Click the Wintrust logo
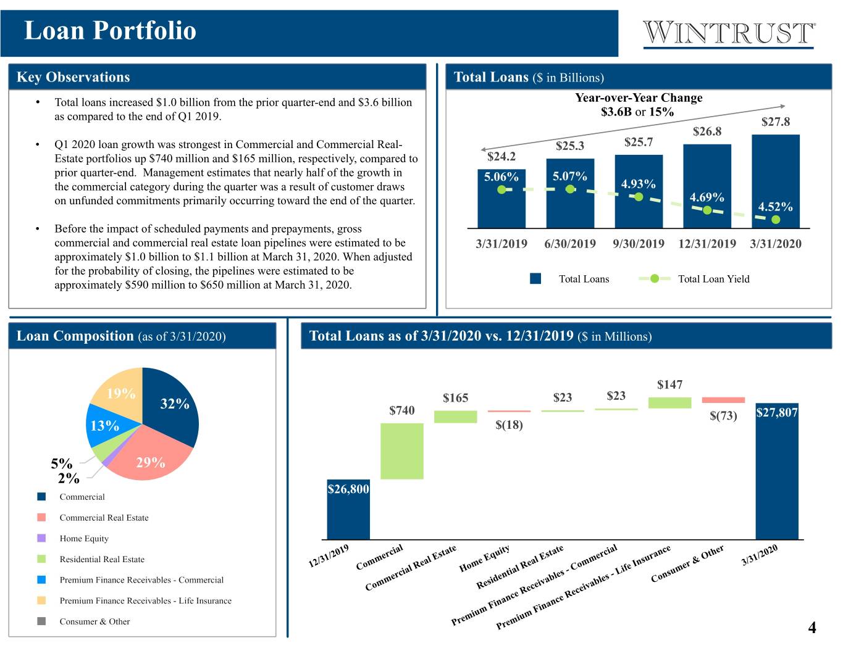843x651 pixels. [x=729, y=34]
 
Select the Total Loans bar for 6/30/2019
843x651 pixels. [x=570, y=193]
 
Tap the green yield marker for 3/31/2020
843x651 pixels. [x=776, y=220]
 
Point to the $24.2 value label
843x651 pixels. [x=501, y=156]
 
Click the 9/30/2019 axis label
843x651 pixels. [x=638, y=244]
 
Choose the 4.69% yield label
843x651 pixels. [x=707, y=197]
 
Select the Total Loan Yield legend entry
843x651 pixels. [x=694, y=279]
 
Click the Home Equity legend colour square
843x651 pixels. [x=41, y=538]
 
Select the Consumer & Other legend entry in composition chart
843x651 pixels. [x=83, y=621]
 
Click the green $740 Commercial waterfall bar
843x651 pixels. [x=401, y=451]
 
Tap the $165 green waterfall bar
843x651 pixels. [x=455, y=417]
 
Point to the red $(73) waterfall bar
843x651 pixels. [x=723, y=400]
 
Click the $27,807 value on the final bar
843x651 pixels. [x=777, y=412]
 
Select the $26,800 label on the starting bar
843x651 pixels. [x=348, y=489]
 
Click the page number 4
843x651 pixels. [x=812, y=628]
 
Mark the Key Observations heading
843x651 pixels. [x=73, y=77]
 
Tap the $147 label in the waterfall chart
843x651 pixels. [x=669, y=384]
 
